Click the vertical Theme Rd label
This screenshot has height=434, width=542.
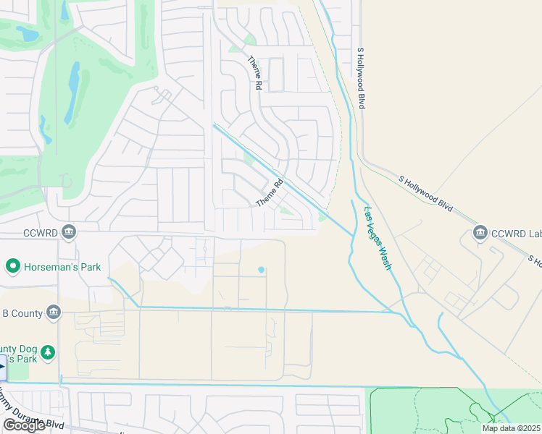point(255,73)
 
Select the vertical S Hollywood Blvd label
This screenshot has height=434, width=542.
point(360,78)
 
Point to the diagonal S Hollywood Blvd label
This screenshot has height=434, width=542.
point(426,193)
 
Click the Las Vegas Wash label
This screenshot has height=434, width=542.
point(378,239)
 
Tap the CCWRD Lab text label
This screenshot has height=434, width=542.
point(516,233)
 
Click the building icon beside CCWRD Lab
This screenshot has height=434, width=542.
point(479,233)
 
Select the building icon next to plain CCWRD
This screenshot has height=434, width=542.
point(69,232)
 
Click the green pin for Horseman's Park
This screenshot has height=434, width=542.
point(12,267)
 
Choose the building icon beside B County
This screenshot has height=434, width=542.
point(53,312)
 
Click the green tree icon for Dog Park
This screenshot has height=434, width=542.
point(48,352)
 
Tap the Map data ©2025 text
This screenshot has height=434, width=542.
point(510,428)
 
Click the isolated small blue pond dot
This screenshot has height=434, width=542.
point(261,271)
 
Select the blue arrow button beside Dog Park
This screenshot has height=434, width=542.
point(2,367)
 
